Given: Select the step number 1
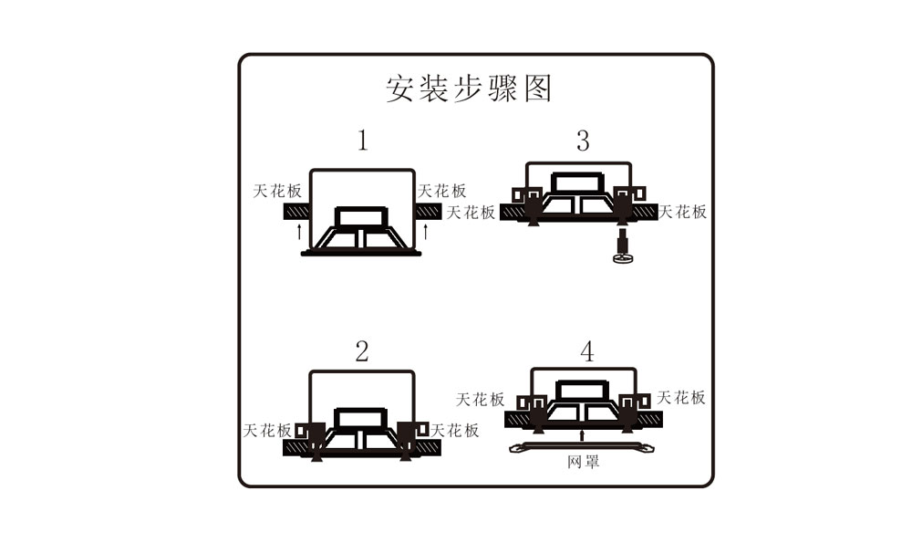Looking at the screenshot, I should (362, 141).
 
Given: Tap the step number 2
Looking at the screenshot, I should (362, 351).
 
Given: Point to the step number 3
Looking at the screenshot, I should (583, 141).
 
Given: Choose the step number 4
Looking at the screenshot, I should (586, 351).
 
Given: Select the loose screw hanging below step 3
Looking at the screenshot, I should (622, 248).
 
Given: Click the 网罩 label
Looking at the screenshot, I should (583, 463).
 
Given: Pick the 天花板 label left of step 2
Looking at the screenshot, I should (266, 431).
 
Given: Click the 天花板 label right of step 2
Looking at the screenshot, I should (454, 431).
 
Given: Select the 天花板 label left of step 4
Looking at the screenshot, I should (480, 399).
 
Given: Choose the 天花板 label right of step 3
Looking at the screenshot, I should (683, 212).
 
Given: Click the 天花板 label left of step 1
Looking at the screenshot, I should (276, 192).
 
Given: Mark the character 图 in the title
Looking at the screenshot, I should (536, 89).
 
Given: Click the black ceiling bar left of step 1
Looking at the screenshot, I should (296, 212).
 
